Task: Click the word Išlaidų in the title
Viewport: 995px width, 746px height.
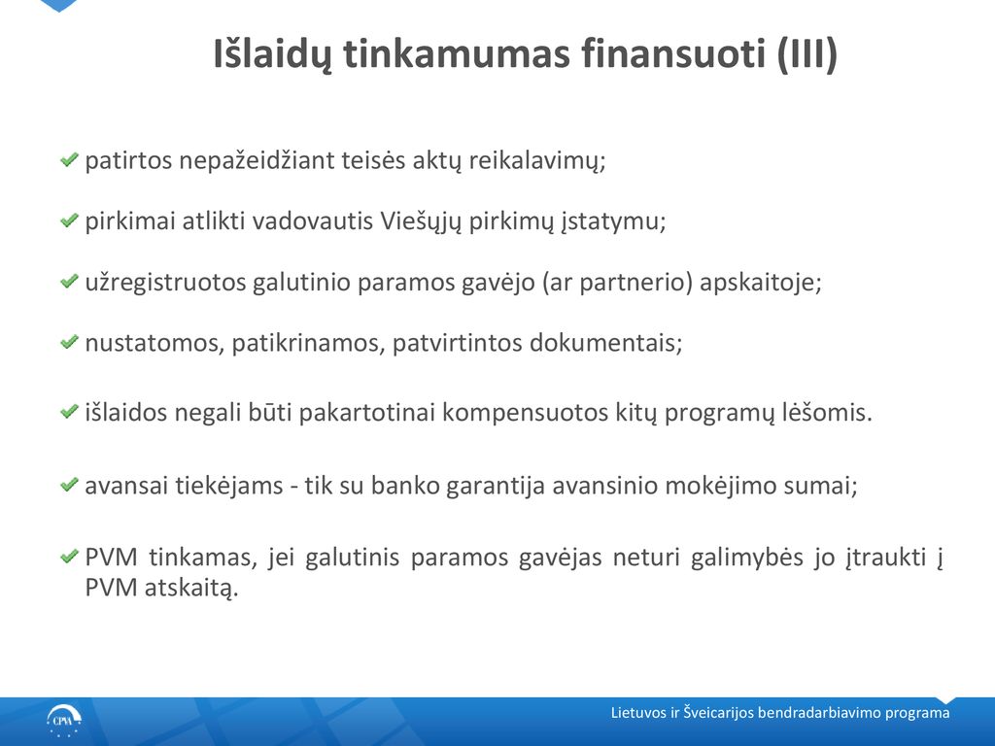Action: coord(272,54)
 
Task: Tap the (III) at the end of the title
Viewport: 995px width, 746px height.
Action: coord(807,53)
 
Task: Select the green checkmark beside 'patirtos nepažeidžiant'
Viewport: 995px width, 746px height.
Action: coord(69,159)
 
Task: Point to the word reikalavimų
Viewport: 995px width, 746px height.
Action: coord(536,161)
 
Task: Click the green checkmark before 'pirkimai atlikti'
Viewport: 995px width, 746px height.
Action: coord(69,220)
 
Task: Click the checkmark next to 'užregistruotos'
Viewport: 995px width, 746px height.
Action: coord(69,281)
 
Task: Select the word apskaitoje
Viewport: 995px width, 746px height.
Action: coord(760,283)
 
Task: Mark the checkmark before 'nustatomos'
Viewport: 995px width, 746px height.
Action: coord(69,342)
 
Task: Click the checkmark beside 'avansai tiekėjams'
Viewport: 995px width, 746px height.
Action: coord(69,486)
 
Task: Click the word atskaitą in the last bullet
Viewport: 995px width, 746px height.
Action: coord(191,588)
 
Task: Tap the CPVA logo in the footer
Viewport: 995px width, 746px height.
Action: coord(63,722)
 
